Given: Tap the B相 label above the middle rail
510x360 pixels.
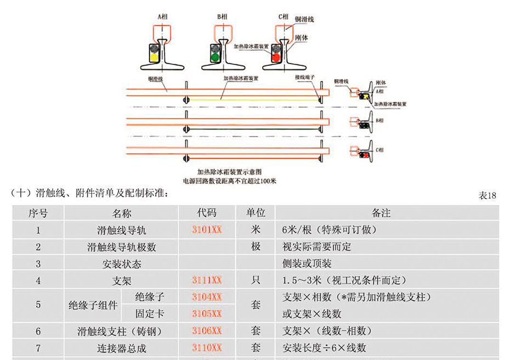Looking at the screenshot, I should point(222,17).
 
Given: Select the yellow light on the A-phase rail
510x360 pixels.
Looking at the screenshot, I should point(154,55).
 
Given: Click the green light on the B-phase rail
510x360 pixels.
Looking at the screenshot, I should point(214,55).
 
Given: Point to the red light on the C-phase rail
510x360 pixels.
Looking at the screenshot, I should point(276,55).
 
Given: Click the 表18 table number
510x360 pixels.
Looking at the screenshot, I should point(488,195).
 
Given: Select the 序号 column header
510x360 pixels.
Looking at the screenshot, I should point(38,213).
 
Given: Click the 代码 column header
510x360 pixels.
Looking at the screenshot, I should point(207,213).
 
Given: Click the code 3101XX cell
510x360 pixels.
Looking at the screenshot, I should point(207,229).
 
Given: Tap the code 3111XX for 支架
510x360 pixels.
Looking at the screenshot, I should point(207,280).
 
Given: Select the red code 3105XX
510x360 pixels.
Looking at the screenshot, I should point(207,313).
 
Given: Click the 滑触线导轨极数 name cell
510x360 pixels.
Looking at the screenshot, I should point(122,247).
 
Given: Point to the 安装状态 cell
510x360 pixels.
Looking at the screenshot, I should point(122,264).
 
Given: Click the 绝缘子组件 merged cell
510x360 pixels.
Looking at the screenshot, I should point(93,306).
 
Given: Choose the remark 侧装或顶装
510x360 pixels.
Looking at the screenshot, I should point(307,264).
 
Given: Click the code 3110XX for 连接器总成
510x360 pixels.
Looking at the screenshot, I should point(207,347).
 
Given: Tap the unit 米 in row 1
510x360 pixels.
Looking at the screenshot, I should point(256,229).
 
